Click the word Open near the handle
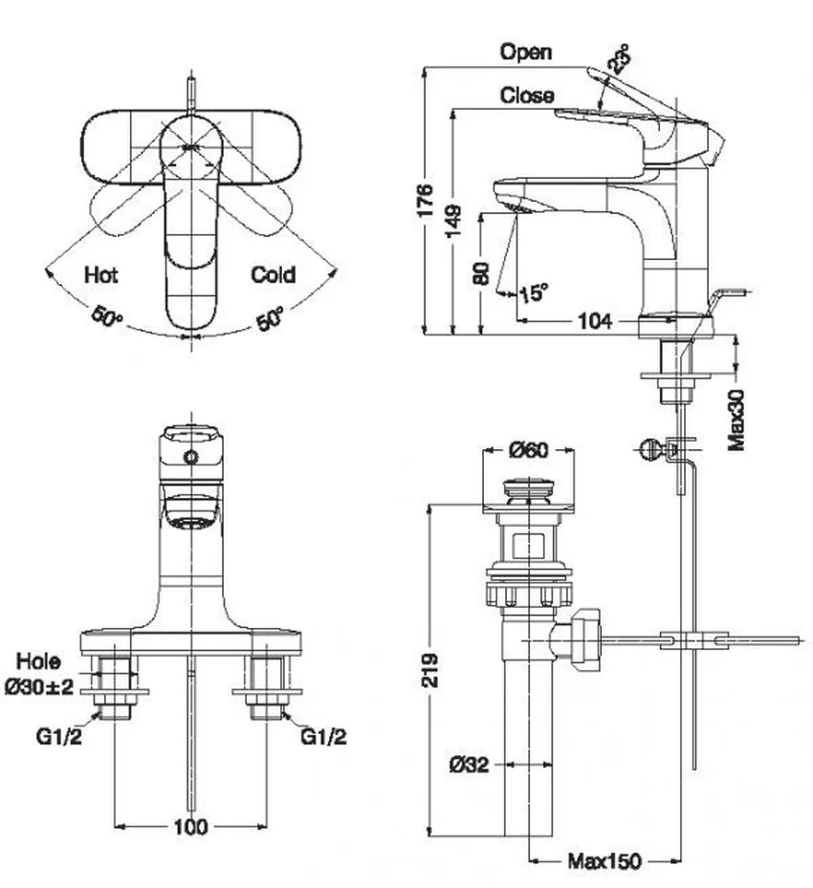pos(526,53)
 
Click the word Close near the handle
pos(527,96)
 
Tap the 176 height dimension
pos(425,200)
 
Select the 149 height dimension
pos(453,221)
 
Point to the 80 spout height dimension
pos(481,273)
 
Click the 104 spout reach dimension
pos(595,321)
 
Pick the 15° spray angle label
pos(534,292)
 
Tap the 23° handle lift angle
pos(619,59)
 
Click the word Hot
pos(100,275)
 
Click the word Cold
pos(274,274)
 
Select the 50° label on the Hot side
pos(106,316)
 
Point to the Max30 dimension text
pos(736,421)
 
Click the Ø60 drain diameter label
pos(529,450)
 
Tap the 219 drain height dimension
pos(429,670)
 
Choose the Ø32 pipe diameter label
pos(469,765)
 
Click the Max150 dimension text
pos(604,861)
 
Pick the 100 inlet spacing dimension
pos(191,827)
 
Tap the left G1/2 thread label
pos(59,737)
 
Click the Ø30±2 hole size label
pos(39,687)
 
